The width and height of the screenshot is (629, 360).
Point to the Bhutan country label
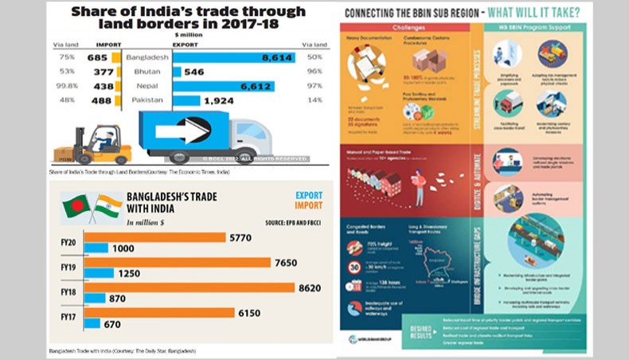(146, 72)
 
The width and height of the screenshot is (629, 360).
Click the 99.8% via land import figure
(68, 86)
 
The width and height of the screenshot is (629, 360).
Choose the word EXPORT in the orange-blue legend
(309, 195)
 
